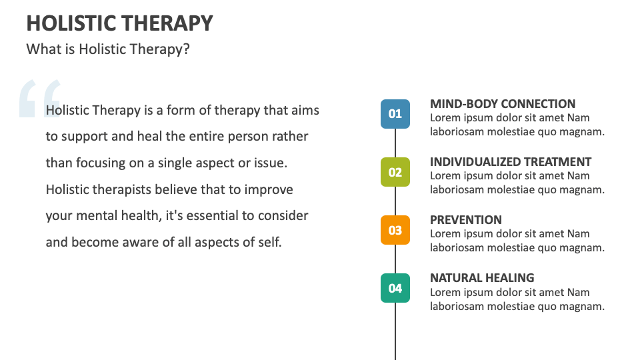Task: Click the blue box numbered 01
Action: coord(395,114)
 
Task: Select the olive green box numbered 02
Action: coord(395,172)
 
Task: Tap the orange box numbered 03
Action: coord(395,230)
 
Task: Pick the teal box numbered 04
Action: coord(395,288)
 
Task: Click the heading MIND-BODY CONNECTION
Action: coord(503,104)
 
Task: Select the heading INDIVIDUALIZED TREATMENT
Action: coord(511,162)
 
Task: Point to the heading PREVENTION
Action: coord(466,220)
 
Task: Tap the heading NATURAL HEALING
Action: coord(482,278)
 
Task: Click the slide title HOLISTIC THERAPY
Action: coord(120,23)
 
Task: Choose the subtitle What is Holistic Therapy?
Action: coord(108,49)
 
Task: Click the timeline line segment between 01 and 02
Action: coord(395,143)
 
